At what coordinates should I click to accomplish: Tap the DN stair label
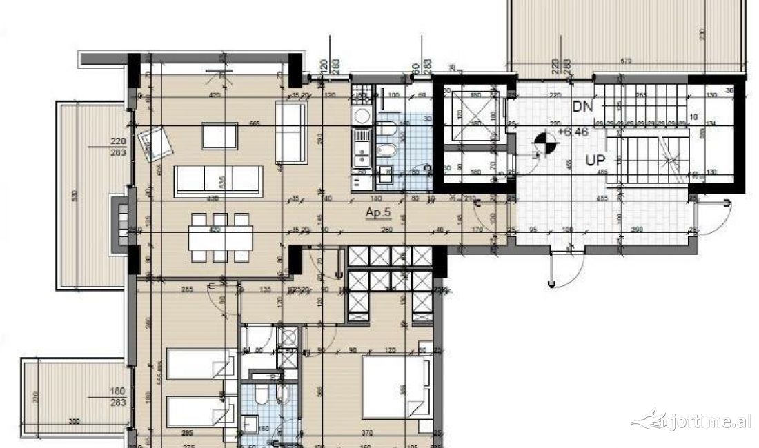[x=582, y=106]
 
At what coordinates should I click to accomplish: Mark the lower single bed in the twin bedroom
[x=199, y=411]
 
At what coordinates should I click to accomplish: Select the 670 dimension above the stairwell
[x=626, y=62]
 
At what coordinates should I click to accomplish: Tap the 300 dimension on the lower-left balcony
[x=74, y=420]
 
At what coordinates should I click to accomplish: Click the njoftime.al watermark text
[x=697, y=420]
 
